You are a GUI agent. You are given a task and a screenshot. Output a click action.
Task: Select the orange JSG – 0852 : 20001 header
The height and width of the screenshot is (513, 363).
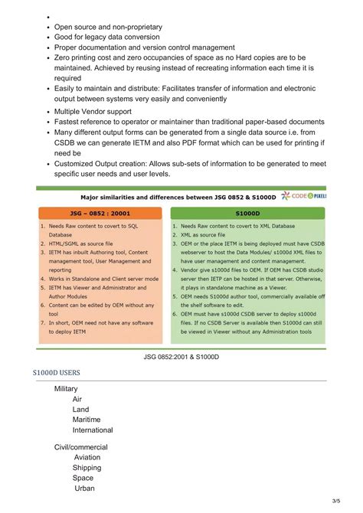(100, 214)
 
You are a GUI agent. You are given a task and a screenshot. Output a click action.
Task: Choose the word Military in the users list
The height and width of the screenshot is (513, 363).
(66, 389)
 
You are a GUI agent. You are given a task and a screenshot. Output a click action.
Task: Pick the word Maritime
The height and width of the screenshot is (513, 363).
(89, 420)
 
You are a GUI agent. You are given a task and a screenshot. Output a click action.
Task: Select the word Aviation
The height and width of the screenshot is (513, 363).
(87, 457)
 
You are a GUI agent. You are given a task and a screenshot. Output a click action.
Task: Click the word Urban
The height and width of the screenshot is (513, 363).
(85, 488)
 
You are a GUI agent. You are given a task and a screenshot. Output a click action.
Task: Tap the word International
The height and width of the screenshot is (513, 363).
(93, 430)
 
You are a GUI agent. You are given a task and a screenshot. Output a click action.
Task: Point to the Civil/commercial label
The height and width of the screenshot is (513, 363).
(81, 446)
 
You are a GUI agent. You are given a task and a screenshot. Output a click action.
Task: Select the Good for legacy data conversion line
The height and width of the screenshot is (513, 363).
(107, 37)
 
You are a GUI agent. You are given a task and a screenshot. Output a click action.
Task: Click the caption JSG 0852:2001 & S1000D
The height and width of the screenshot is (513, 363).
(181, 357)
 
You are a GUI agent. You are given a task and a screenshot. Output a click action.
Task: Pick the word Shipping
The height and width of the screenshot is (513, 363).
(87, 467)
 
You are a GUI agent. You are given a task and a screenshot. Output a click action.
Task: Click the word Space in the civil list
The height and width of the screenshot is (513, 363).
(83, 478)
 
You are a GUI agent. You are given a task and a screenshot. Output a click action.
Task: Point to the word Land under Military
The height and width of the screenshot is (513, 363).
(81, 410)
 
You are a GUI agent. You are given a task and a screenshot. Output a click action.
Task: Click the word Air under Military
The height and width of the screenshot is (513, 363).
(77, 400)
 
